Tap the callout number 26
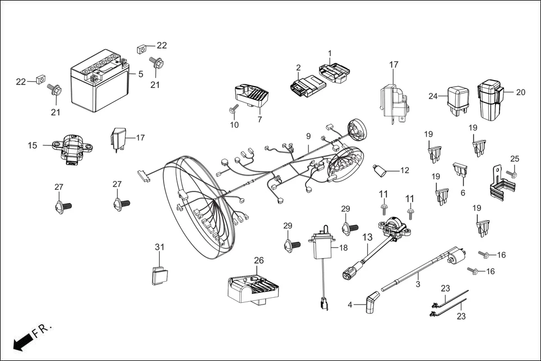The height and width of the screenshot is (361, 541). (x=258, y=260)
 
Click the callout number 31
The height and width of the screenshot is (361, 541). (x=160, y=247)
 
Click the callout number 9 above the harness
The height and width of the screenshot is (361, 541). (x=308, y=136)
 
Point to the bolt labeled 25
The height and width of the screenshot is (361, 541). (x=512, y=175)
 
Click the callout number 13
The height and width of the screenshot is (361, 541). (x=367, y=237)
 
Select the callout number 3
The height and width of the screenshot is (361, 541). (x=417, y=284)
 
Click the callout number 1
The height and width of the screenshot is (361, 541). (x=330, y=53)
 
